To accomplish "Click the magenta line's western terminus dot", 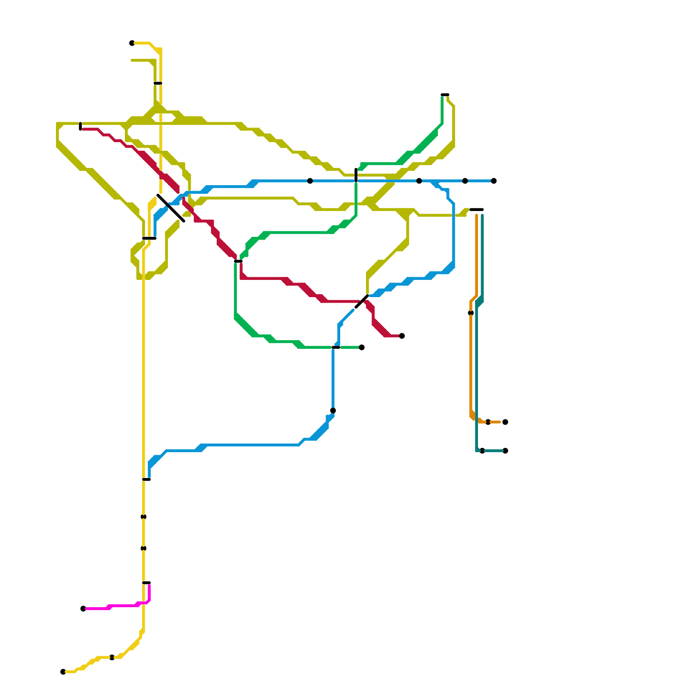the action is coord(83,608).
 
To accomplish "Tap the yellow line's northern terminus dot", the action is coord(132,43).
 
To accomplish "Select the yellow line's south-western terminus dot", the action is coord(63,672).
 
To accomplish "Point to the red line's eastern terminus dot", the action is coord(402,336).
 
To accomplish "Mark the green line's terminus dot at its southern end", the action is coord(362,348).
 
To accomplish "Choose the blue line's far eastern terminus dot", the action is coord(494,181).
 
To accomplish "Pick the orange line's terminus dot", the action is coord(505,422).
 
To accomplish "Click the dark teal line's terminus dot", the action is coord(505,451).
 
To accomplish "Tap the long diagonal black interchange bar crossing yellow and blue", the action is coord(171,208).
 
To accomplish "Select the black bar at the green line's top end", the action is coord(445,95).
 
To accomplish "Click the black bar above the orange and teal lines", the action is coord(476,210).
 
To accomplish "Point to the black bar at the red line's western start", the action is coord(81,126).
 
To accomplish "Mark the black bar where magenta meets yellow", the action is coord(146,583).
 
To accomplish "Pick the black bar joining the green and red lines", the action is coord(238,261).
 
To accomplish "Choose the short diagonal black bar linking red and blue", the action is coord(362,301).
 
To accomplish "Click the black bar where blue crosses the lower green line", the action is coord(336,348).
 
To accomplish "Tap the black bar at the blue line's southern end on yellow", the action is coord(146,479).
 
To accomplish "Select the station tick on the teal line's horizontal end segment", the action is coord(482,451).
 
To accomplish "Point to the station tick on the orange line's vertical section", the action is coord(471,313).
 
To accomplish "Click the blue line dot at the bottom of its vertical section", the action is coord(333,410).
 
